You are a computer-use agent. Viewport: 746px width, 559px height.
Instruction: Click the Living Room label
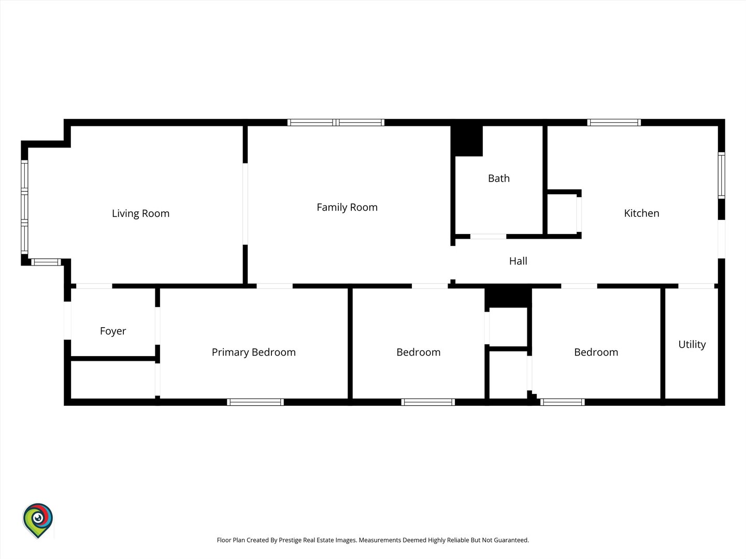(x=141, y=213)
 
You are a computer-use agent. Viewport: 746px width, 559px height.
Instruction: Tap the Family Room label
(x=347, y=207)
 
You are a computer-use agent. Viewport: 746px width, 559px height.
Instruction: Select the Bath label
(x=498, y=178)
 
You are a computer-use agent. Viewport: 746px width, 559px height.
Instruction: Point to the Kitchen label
(x=641, y=213)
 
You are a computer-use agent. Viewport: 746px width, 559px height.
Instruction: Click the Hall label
(x=518, y=261)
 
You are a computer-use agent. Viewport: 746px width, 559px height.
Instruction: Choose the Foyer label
(x=113, y=331)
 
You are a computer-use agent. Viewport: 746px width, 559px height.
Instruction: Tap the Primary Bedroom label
(x=253, y=352)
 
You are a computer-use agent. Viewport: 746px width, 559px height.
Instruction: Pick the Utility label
(x=692, y=345)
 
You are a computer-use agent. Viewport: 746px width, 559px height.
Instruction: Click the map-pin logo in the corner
(x=38, y=520)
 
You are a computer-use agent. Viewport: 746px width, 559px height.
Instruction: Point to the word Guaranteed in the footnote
(x=511, y=540)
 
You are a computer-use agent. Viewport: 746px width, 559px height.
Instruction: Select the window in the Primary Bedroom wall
(x=255, y=402)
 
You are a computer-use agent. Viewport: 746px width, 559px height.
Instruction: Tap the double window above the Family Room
(x=336, y=123)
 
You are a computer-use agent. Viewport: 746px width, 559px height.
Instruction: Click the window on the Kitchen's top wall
(x=614, y=123)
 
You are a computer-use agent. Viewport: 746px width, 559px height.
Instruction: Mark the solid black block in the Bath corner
(x=467, y=141)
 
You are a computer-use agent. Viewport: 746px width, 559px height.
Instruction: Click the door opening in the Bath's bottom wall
(x=488, y=236)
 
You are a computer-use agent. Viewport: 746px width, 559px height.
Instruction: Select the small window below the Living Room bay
(x=46, y=262)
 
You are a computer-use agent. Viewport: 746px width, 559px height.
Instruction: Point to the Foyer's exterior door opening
(x=67, y=320)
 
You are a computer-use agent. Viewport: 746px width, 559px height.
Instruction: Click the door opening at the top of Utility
(x=696, y=286)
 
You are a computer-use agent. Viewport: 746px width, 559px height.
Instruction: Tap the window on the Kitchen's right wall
(x=721, y=175)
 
